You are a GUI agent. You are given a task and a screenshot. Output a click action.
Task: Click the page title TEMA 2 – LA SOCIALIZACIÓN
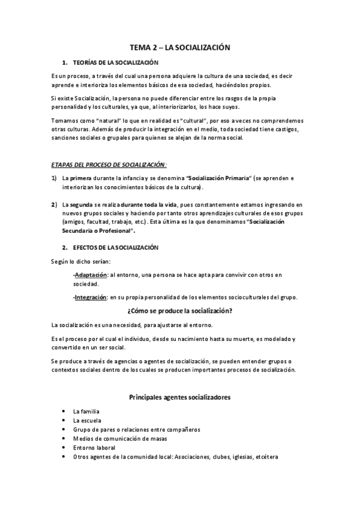pos(180,47)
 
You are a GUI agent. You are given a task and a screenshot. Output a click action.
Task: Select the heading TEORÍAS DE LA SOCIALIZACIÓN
pos(115,62)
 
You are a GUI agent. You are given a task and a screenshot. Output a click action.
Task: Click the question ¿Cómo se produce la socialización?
pos(180,311)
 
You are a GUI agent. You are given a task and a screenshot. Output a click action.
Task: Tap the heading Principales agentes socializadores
pos(180,397)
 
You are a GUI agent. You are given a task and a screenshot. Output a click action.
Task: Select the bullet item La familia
pos(86,412)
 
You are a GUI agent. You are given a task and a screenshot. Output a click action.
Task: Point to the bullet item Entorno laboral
pos(94,448)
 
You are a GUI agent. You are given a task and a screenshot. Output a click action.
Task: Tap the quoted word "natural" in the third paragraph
pos(103,121)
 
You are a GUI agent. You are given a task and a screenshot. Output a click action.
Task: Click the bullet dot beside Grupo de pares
pos(64,430)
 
